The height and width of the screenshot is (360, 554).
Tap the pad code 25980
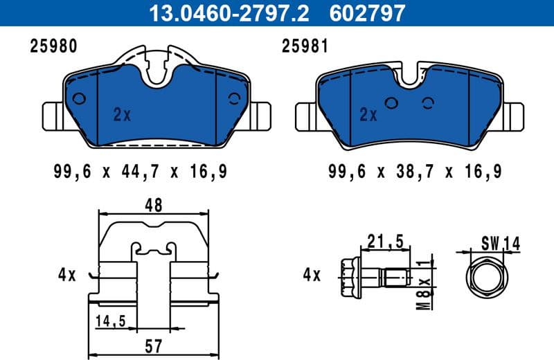53,46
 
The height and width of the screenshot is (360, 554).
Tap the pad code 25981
304,46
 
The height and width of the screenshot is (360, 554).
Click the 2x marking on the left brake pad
122,116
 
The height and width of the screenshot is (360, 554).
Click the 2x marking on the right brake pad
368,115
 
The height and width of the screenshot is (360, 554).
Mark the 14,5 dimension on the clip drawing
110,321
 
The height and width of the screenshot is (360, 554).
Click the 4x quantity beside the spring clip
66,275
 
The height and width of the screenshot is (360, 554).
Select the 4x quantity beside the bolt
312,275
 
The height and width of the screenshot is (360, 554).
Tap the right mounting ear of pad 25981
513,115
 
